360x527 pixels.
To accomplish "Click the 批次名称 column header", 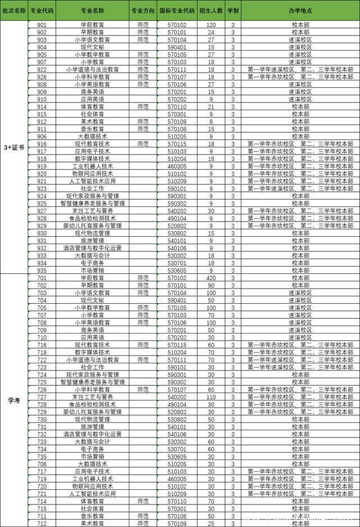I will tap(13, 11).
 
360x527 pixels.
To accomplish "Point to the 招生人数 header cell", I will tap(211, 11).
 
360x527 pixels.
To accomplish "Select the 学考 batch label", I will tap(13, 400).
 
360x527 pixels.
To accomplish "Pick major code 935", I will tap(42, 271).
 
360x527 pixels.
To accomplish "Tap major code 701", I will tap(42, 278).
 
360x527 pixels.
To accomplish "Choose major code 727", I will tap(42, 397).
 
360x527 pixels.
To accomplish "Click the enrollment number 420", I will tap(211, 278).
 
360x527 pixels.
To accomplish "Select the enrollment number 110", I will tap(211, 397).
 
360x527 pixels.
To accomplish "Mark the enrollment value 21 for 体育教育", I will tap(211, 106).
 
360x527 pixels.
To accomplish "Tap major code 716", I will tap(42, 345).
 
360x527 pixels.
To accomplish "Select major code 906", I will tap(42, 136).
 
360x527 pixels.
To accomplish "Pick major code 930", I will tap(42, 233).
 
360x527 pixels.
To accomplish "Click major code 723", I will tap(42, 367).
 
